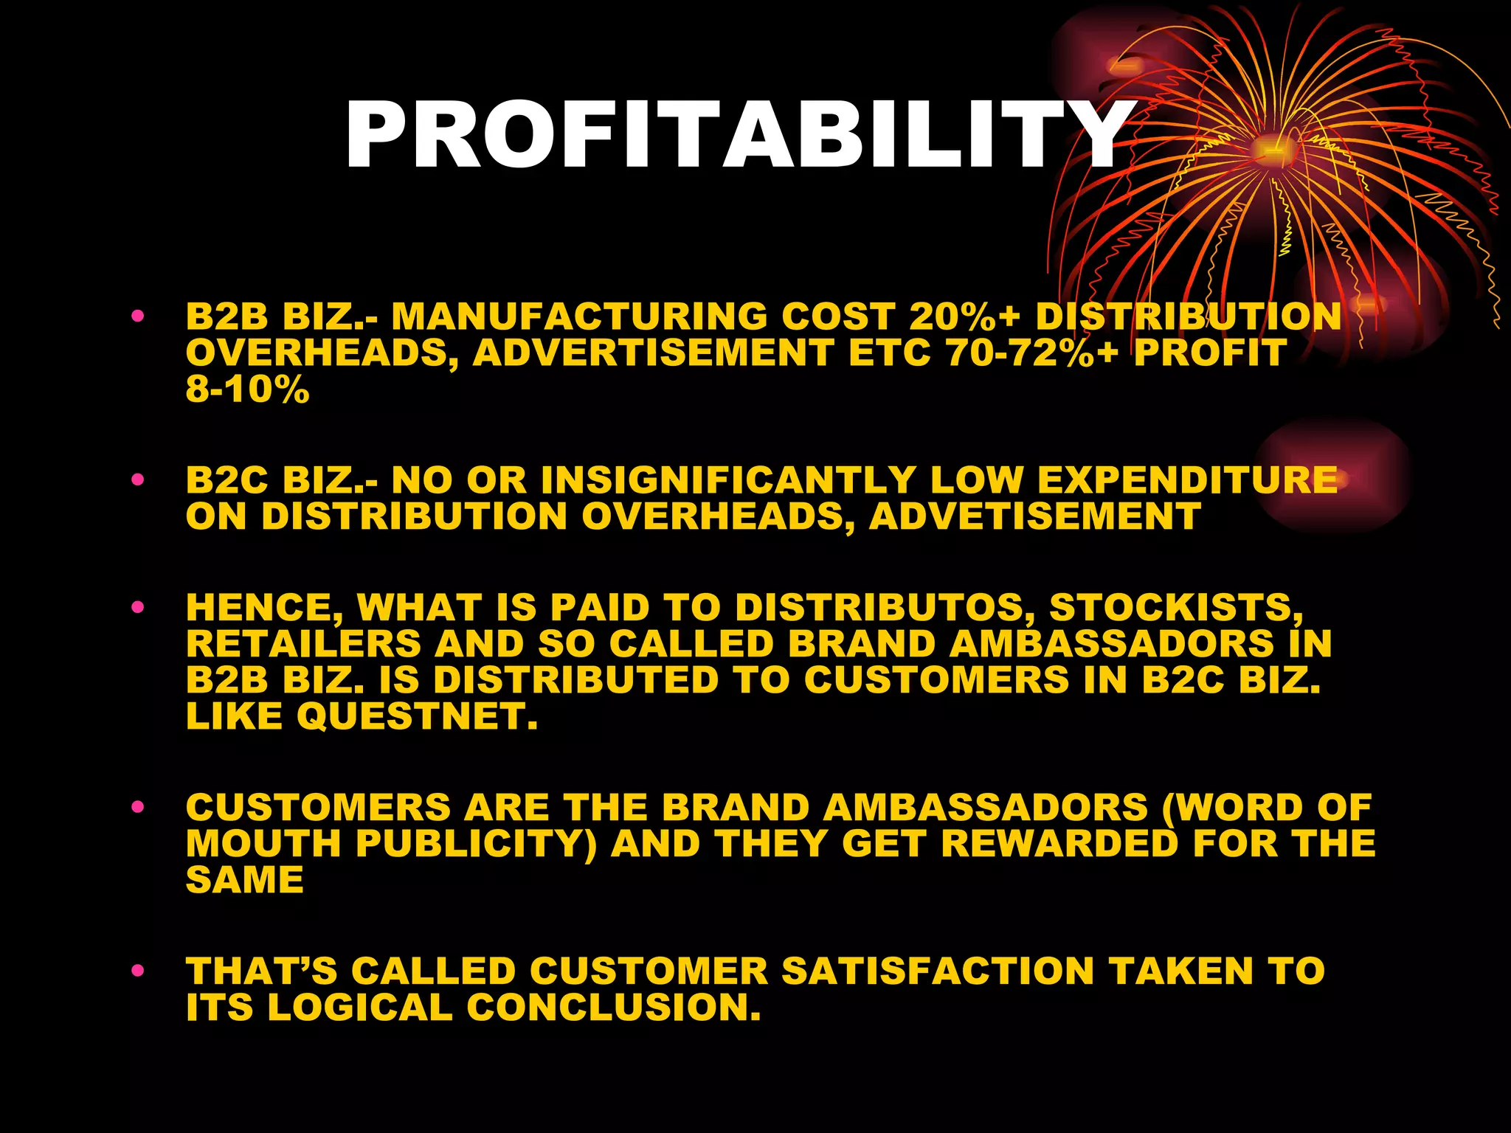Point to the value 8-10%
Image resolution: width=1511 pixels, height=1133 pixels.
[247, 389]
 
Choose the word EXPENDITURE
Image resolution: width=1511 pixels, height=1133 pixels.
[1187, 480]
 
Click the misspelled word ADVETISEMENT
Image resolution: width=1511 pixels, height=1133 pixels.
[1035, 516]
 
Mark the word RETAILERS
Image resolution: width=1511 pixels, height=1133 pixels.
[303, 644]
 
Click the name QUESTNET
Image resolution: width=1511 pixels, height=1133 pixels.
[418, 716]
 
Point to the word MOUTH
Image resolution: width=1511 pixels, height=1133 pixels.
[263, 844]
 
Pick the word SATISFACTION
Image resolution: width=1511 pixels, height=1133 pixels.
[938, 971]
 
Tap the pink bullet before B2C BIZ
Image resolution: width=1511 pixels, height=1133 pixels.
[137, 480]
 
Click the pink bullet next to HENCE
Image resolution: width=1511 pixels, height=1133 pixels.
[137, 608]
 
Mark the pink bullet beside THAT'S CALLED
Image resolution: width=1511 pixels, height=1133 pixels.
[137, 971]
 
